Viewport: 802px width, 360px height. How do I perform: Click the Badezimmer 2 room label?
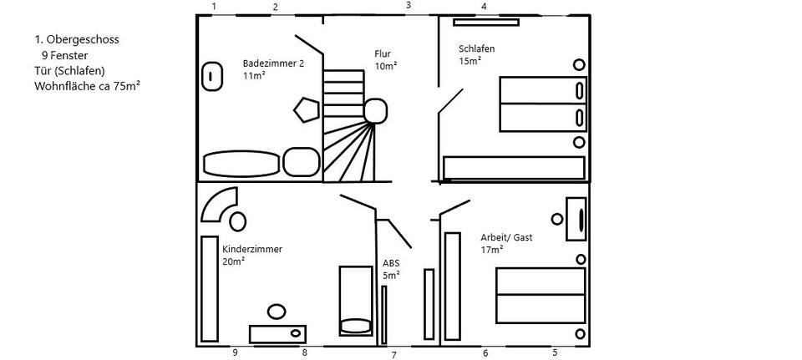click(x=274, y=64)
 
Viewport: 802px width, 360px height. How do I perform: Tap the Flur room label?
click(x=383, y=53)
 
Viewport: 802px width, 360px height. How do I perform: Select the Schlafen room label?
click(x=477, y=49)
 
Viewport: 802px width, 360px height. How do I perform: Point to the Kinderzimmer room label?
click(x=252, y=250)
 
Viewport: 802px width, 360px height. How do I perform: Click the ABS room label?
click(x=391, y=263)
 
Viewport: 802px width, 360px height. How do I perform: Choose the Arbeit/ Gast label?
click(x=506, y=238)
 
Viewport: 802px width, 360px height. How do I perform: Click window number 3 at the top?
click(x=409, y=6)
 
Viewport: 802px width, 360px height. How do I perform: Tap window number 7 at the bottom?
click(x=393, y=355)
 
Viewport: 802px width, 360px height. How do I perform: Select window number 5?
click(x=555, y=352)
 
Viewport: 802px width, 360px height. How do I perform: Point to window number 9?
click(x=236, y=352)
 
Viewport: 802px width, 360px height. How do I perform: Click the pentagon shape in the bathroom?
click(x=307, y=109)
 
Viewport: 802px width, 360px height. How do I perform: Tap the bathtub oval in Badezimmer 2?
click(x=241, y=164)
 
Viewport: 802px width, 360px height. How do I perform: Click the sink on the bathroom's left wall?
click(x=211, y=77)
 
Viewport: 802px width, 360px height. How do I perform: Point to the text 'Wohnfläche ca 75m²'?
click(x=88, y=86)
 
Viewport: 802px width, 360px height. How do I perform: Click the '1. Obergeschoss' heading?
click(x=77, y=40)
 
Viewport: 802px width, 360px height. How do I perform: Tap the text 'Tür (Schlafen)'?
click(x=69, y=70)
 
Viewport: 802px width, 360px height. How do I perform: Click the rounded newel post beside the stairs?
click(x=375, y=111)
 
